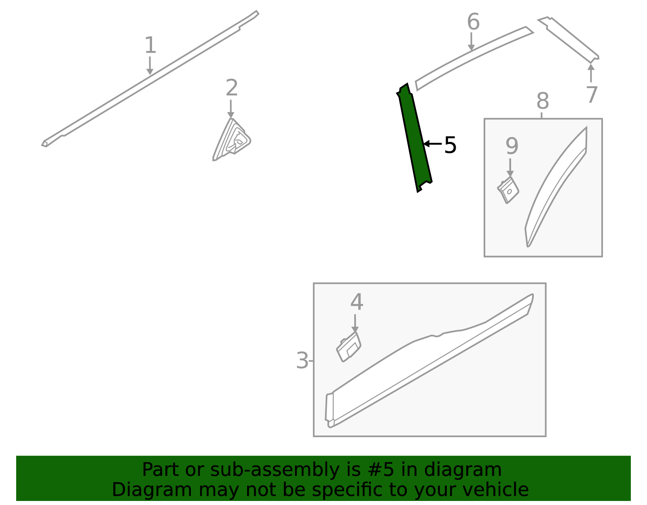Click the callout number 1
click(x=150, y=45)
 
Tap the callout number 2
click(x=232, y=87)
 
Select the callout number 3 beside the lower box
click(x=302, y=360)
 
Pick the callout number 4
click(x=356, y=302)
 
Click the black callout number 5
click(x=450, y=145)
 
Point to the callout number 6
click(x=473, y=22)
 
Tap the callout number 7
click(x=592, y=95)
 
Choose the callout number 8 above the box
click(x=543, y=101)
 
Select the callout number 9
click(x=512, y=146)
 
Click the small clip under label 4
click(x=348, y=347)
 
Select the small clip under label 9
click(x=508, y=190)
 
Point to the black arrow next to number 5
click(x=433, y=144)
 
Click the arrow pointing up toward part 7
click(x=591, y=73)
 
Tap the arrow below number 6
click(x=471, y=42)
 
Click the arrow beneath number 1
click(x=150, y=66)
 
